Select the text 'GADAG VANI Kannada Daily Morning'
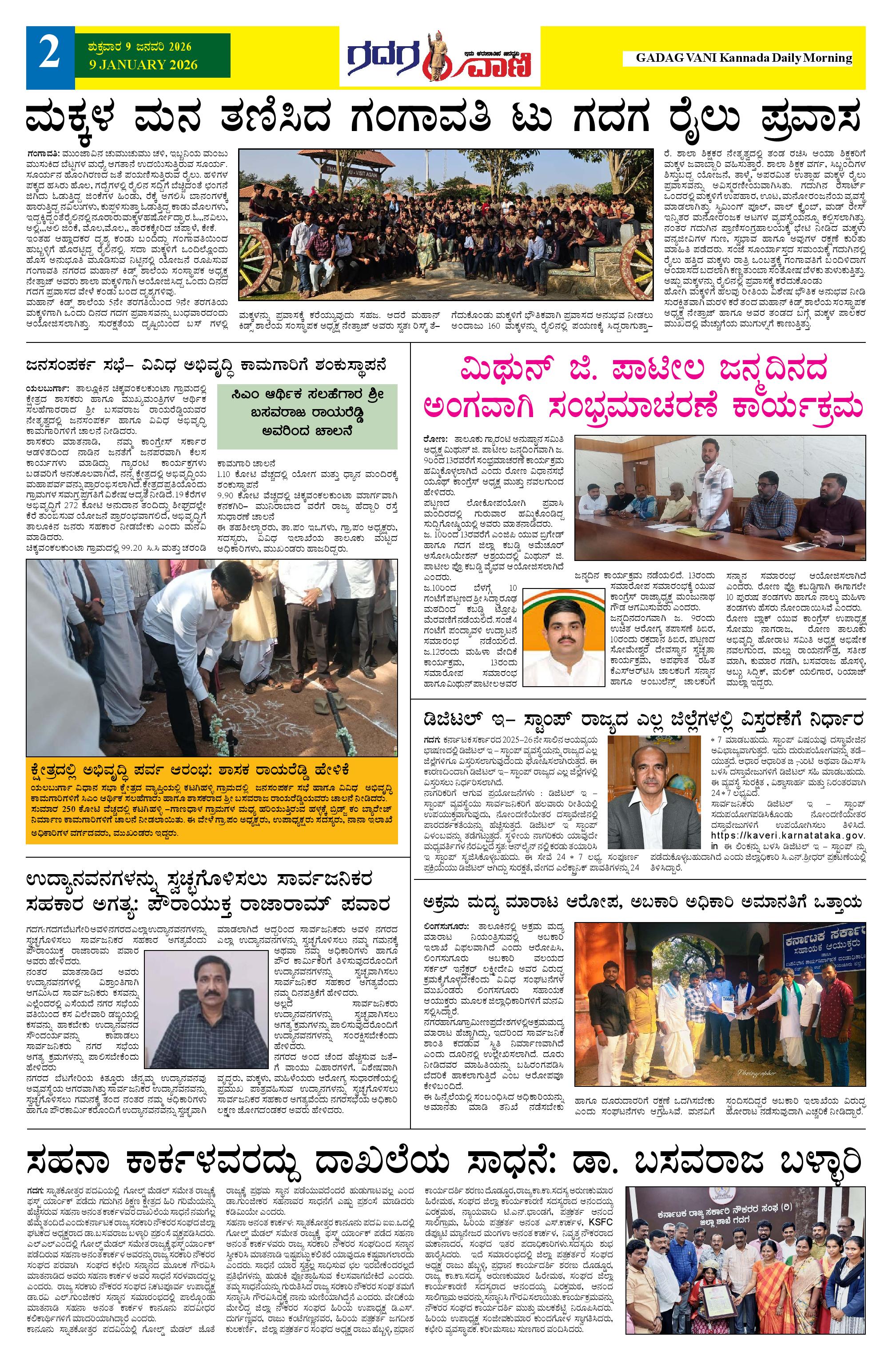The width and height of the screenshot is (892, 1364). tap(744, 58)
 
